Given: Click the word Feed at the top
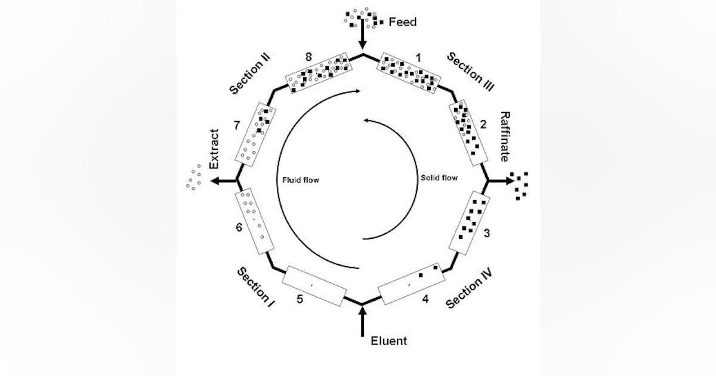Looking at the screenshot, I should pos(403,22).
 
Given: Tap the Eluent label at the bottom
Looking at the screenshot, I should pos(388,341).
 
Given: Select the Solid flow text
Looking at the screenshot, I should pos(439,178).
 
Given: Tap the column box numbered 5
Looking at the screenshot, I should pos(314,285).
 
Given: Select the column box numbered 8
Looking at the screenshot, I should pos(317,74).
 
